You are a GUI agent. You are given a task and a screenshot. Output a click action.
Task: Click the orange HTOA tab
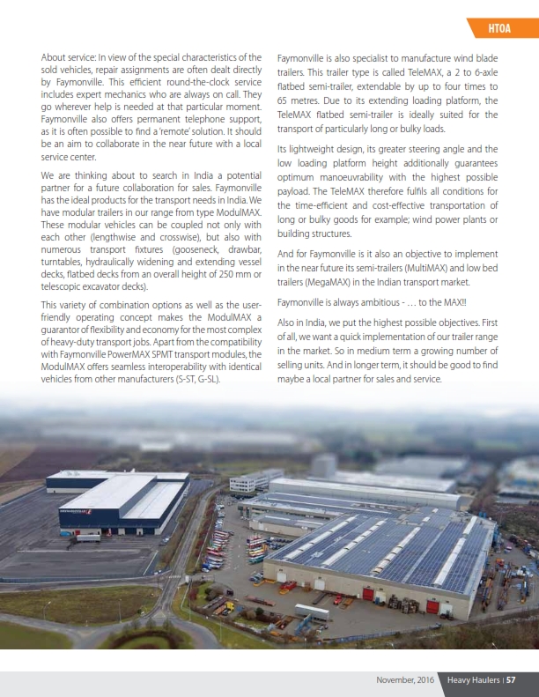[x=499, y=31]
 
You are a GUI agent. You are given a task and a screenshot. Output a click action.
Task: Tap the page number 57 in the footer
[x=511, y=679]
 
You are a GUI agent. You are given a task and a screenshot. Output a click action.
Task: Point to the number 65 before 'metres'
[x=285, y=101]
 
